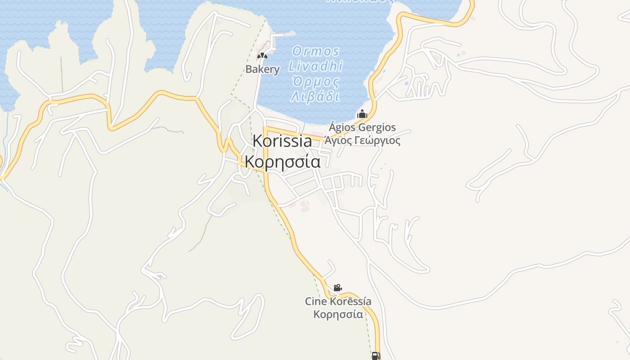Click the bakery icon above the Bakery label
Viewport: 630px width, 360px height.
(x=262, y=56)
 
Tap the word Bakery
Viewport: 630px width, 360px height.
(x=262, y=69)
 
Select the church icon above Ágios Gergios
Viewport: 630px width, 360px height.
(x=362, y=114)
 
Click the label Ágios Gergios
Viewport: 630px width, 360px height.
(x=362, y=127)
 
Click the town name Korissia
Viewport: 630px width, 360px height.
(x=282, y=141)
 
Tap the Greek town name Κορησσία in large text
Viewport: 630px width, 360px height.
(x=283, y=161)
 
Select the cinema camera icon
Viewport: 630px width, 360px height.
(x=337, y=288)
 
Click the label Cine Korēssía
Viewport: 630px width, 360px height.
(x=338, y=301)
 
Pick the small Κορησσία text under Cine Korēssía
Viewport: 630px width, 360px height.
(x=338, y=314)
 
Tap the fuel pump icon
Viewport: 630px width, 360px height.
(x=376, y=356)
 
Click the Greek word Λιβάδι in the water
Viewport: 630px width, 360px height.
(x=315, y=97)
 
